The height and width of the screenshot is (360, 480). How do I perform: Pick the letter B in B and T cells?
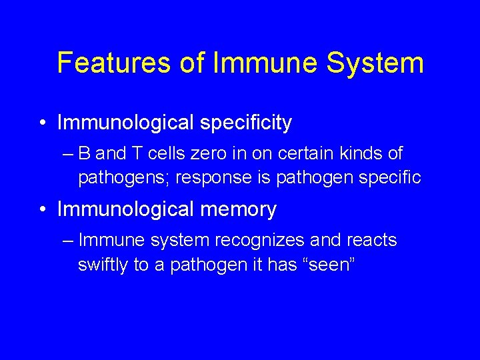(84, 154)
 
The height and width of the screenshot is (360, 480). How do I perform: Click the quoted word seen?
(331, 265)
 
